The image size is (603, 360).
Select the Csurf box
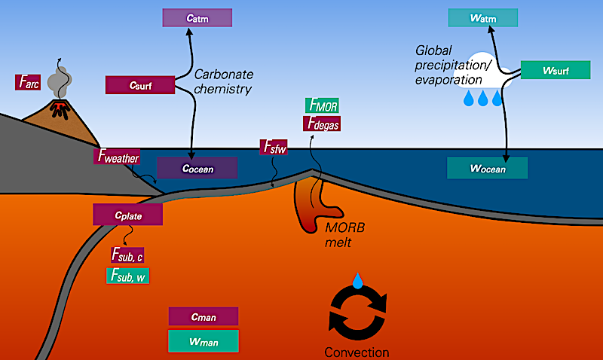(140, 85)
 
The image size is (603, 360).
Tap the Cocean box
(197, 168)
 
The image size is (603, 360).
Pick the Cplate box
(128, 214)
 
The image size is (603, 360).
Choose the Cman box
(204, 316)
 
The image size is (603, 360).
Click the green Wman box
(204, 340)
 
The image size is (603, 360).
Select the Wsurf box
(555, 70)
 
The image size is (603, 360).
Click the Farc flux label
(27, 82)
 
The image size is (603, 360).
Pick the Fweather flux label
(120, 157)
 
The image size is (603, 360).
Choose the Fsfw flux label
(273, 148)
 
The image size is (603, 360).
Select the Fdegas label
(322, 124)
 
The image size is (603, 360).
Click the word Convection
(357, 352)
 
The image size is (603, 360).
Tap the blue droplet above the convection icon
(357, 279)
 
